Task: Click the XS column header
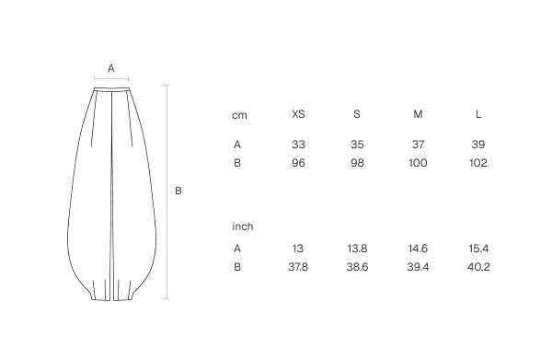tap(298, 114)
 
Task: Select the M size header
tap(418, 114)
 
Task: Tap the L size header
tap(478, 114)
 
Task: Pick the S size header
tap(357, 114)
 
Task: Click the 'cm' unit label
tap(239, 115)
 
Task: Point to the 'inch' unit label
tap(243, 226)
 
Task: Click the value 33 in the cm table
tap(298, 145)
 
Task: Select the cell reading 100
tap(418, 163)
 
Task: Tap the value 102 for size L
tap(478, 163)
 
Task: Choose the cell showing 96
tap(298, 163)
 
